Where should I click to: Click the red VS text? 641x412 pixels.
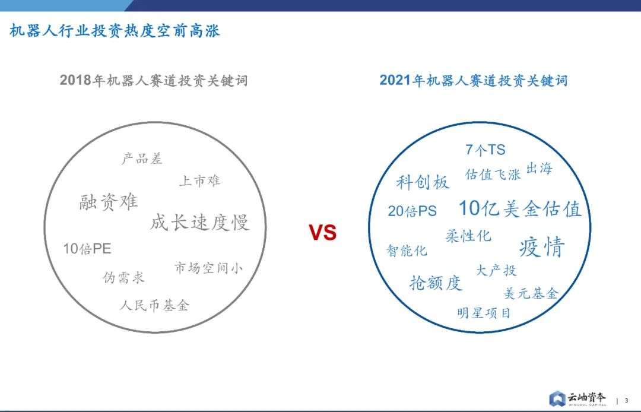[x=322, y=233]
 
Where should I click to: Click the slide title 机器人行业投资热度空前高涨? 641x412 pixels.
[x=115, y=31]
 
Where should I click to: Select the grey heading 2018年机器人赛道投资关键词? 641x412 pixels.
[x=154, y=80]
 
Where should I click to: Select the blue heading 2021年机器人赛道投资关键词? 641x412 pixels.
[x=474, y=80]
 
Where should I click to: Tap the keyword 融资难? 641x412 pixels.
[x=109, y=201]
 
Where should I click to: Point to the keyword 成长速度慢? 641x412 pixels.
[x=200, y=223]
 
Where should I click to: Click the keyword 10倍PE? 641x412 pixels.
[x=87, y=249]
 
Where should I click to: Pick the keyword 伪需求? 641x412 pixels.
[x=123, y=277]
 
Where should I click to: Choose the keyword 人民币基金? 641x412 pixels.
[x=154, y=305]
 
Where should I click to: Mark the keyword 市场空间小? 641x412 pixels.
[x=209, y=268]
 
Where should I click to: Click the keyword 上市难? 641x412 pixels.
[x=200, y=180]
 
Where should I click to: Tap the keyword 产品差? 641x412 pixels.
[x=142, y=158]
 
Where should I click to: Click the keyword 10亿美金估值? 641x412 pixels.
[x=520, y=208]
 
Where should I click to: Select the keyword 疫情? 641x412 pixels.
[x=542, y=246]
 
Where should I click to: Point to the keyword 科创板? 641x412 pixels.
[x=423, y=182]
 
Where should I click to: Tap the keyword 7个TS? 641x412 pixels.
[x=485, y=150]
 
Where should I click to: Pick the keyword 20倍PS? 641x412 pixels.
[x=412, y=211]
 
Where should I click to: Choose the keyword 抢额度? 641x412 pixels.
[x=436, y=283]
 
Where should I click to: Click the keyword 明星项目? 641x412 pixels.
[x=484, y=313]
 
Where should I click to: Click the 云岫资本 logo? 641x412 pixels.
[x=577, y=398]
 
